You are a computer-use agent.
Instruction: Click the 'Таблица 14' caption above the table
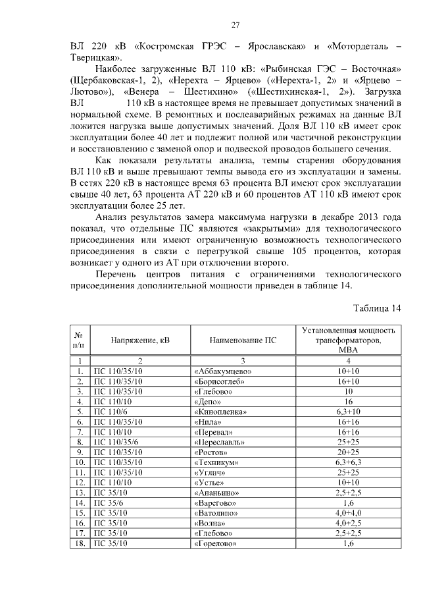[376, 308]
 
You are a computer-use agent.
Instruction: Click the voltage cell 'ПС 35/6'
[112, 502]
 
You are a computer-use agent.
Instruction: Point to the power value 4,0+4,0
[349, 512]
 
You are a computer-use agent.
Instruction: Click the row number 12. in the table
[80, 482]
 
